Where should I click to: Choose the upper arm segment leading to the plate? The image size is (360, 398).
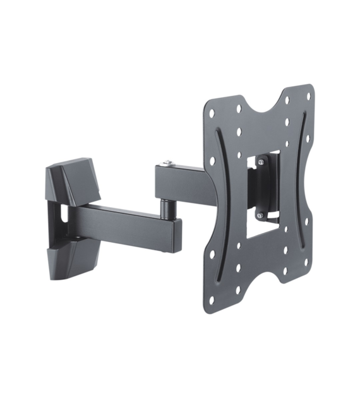pos(183,181)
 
